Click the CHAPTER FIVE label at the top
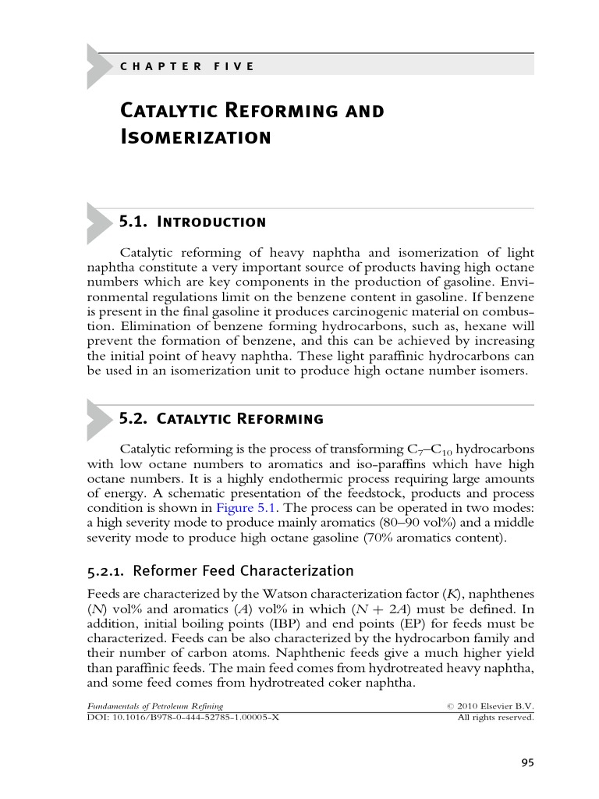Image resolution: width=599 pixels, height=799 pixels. [187, 66]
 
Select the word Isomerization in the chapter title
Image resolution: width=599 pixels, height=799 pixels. [195, 138]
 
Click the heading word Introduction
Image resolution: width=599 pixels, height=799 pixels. [211, 222]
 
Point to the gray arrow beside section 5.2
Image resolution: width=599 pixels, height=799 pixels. [98, 418]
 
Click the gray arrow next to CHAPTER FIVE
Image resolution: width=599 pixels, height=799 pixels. [98, 66]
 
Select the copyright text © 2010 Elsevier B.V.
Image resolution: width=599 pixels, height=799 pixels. [489, 705]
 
